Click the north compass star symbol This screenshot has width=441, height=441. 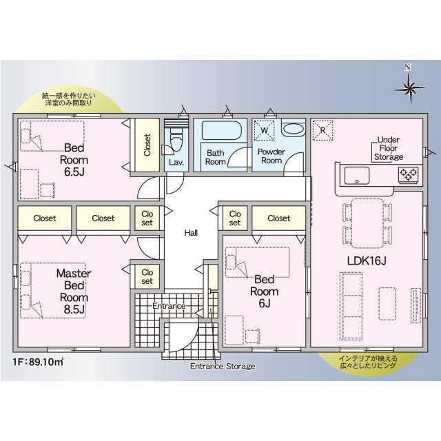(x=410, y=88)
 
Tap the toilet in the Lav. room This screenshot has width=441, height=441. (x=176, y=140)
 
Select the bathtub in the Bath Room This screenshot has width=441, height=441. (x=222, y=130)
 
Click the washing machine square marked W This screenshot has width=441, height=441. (x=264, y=130)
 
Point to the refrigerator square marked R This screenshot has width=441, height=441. (x=323, y=130)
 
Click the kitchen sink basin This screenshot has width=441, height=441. (x=357, y=176)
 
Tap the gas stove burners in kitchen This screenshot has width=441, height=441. (x=409, y=174)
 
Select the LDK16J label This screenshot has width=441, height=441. (x=367, y=261)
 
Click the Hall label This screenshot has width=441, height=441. (x=191, y=233)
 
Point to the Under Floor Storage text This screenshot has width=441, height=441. (x=389, y=148)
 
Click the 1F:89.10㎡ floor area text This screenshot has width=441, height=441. (x=38, y=361)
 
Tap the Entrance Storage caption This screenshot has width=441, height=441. (x=223, y=366)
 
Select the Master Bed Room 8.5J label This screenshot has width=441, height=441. (x=74, y=291)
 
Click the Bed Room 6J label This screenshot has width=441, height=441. (x=264, y=291)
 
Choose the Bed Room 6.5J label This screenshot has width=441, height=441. (x=74, y=160)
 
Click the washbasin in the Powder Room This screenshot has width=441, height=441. (x=294, y=130)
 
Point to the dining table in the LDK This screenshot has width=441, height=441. (x=367, y=223)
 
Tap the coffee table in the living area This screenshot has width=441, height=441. (x=387, y=303)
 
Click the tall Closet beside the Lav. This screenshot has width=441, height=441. (x=147, y=145)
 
